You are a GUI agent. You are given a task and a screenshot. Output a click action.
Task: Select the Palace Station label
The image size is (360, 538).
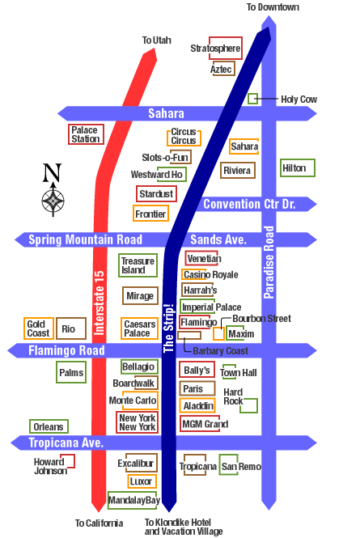point(86,134)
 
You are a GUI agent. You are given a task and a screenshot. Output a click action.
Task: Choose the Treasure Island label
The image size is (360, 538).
point(138,265)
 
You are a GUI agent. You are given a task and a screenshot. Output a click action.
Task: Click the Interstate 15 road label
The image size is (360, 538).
point(100,303)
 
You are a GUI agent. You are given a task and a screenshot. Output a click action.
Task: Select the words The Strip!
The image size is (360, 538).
point(169,328)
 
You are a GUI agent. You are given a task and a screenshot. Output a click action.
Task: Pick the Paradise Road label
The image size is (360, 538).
point(269,262)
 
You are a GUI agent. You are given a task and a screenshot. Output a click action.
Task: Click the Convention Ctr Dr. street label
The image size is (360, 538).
point(249,204)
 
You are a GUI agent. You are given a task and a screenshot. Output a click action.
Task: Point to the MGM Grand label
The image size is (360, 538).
point(205,424)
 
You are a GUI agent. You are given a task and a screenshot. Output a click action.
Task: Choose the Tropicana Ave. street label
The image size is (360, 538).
point(66,443)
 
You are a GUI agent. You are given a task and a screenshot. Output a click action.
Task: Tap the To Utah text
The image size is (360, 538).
point(156,40)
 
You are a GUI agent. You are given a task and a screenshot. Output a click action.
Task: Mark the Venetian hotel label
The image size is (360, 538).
point(204,258)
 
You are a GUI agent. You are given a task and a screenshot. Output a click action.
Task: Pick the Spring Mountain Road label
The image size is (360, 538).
point(85,239)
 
